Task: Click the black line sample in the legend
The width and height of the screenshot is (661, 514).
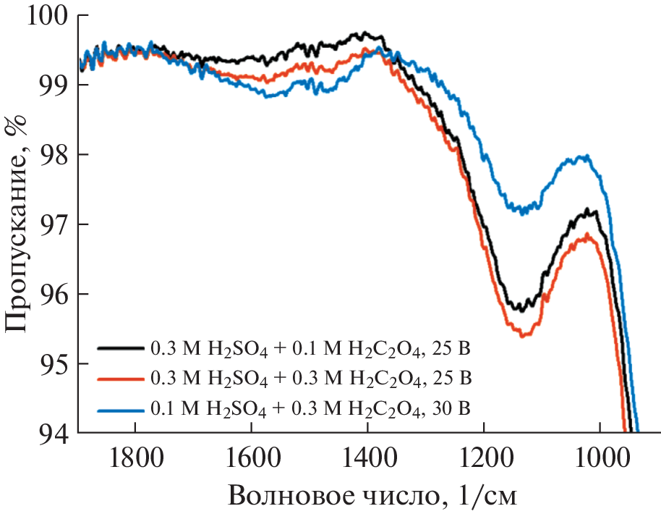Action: pyautogui.click(x=120, y=347)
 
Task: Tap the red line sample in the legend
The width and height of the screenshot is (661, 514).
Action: pyautogui.click(x=120, y=378)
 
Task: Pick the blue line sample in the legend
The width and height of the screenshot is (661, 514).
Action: pyautogui.click(x=120, y=409)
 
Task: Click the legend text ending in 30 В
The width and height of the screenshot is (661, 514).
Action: pyautogui.click(x=311, y=410)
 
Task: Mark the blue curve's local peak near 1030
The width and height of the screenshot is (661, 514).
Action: pyautogui.click(x=584, y=157)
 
